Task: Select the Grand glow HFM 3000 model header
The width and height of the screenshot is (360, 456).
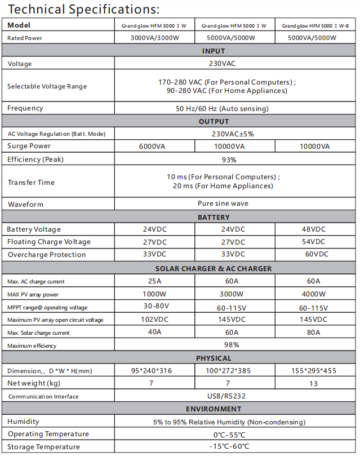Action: [154, 26]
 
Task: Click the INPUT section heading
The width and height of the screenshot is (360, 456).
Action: [214, 52]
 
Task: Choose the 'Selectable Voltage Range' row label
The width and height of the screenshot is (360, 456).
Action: [47, 86]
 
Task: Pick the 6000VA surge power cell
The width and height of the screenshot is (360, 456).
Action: [154, 147]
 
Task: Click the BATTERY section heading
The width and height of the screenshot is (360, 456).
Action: [214, 217]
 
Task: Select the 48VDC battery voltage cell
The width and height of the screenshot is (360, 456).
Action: [314, 229]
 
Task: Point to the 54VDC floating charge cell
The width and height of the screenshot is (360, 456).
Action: [314, 242]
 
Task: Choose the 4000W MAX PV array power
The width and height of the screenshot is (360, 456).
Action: [314, 294]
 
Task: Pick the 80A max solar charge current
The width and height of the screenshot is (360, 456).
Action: [314, 332]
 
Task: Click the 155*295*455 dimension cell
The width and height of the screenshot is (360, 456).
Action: [314, 370]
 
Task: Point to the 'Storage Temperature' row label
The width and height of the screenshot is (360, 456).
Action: [43, 447]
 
